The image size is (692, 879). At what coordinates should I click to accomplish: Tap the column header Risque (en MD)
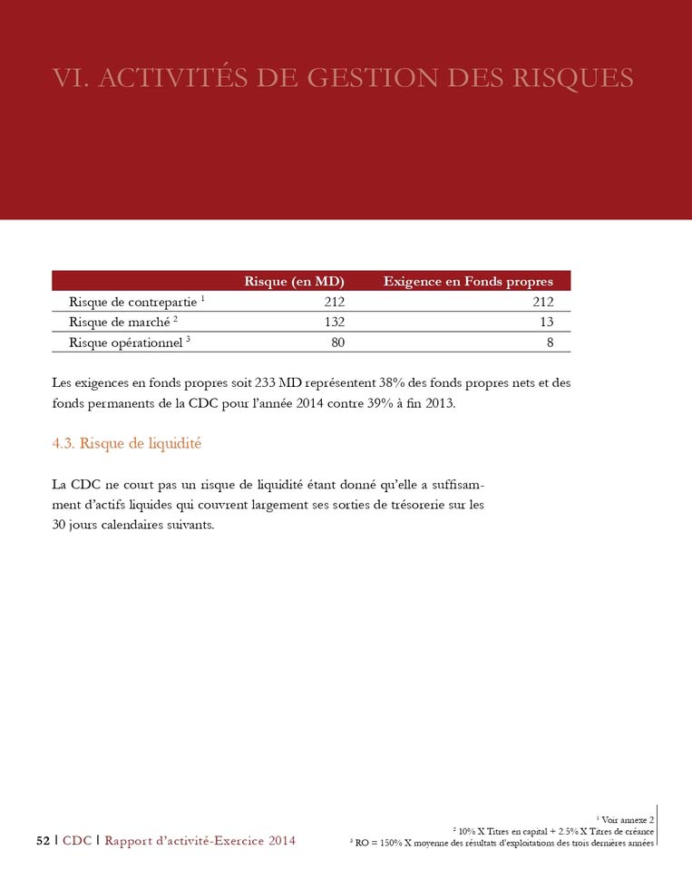(295, 281)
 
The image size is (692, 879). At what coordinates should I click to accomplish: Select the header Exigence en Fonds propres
(468, 281)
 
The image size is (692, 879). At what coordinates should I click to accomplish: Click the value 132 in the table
(333, 322)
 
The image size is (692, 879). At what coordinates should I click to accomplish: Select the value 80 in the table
(336, 342)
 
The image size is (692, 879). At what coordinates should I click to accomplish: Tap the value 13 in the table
(545, 322)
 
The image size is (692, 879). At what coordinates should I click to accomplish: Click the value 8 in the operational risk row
(550, 342)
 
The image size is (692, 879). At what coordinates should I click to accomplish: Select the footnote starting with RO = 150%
(502, 842)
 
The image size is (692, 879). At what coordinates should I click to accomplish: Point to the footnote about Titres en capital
(552, 830)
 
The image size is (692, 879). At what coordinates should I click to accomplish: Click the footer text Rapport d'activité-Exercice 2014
(200, 840)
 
